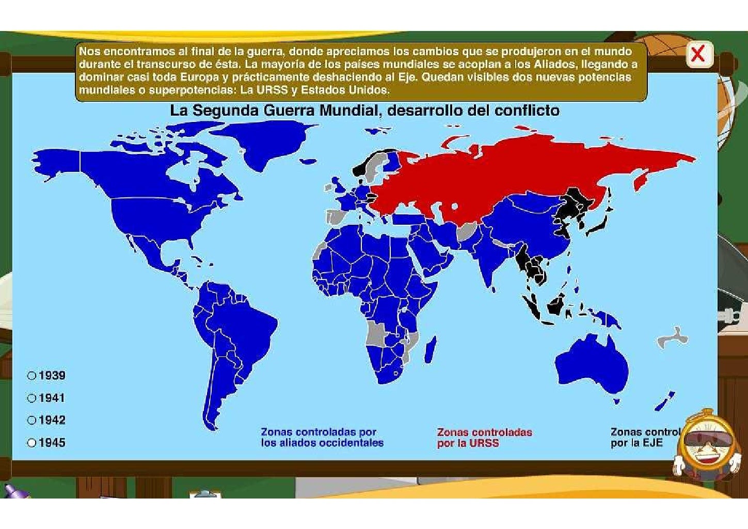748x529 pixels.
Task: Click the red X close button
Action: click(698, 54)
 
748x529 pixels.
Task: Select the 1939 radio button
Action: click(31, 376)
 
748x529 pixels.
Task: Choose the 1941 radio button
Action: click(31, 398)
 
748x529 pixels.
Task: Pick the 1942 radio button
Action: click(31, 421)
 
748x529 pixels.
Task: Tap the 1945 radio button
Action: click(31, 443)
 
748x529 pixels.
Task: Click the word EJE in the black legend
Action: click(652, 443)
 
